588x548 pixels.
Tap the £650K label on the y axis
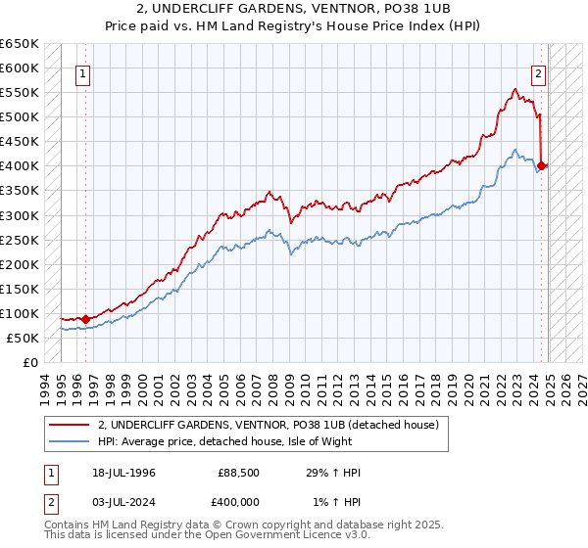(x=20, y=44)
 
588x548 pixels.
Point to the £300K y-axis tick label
(x=20, y=215)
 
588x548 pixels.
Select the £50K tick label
(x=24, y=338)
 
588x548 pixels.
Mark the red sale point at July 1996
(x=86, y=318)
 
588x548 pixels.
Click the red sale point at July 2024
(x=542, y=165)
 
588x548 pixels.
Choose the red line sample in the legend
(x=70, y=425)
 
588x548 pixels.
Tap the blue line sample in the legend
(x=70, y=441)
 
